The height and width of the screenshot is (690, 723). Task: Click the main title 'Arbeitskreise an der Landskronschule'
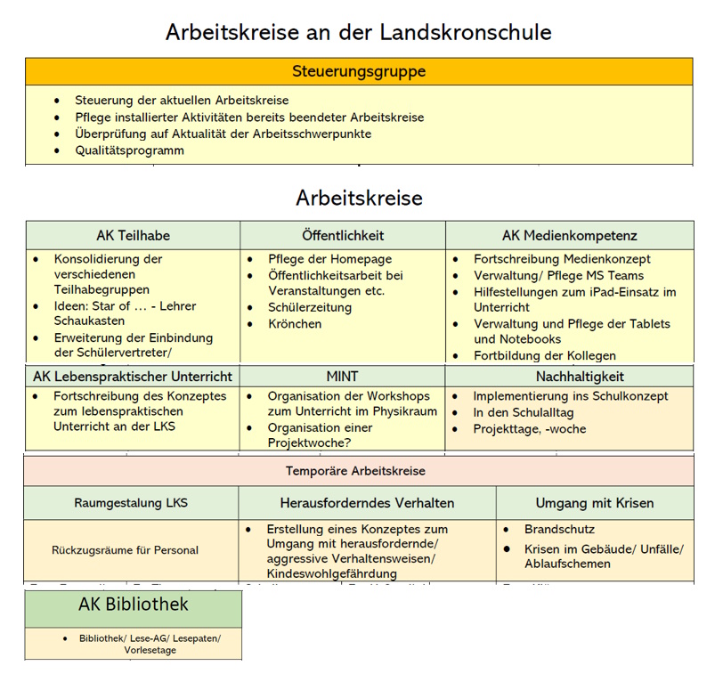point(359,32)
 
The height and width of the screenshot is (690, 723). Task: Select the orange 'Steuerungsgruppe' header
point(359,71)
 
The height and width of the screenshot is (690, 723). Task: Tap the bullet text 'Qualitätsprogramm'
point(130,150)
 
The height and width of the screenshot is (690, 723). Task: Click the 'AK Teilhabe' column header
point(134,236)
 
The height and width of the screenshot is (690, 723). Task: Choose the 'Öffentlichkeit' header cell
point(343,236)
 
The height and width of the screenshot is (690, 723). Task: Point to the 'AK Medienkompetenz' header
point(570,236)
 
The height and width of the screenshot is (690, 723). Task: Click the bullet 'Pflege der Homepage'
point(329,259)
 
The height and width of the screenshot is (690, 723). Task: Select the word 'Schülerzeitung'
point(310,308)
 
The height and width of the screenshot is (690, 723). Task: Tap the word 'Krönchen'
point(295,324)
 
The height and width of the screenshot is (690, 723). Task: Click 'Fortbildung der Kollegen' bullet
point(545,356)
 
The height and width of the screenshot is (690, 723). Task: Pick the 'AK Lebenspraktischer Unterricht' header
point(133,377)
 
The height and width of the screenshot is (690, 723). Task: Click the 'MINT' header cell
point(343,377)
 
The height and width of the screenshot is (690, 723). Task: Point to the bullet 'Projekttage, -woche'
point(530,429)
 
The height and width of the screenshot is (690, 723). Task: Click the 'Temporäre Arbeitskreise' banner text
point(355,471)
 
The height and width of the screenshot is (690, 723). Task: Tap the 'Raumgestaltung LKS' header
point(132,503)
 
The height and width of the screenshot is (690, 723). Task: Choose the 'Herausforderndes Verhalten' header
point(367,503)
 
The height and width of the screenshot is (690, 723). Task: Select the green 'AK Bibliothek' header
point(134,605)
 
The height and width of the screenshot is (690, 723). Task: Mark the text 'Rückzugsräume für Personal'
point(126,550)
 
